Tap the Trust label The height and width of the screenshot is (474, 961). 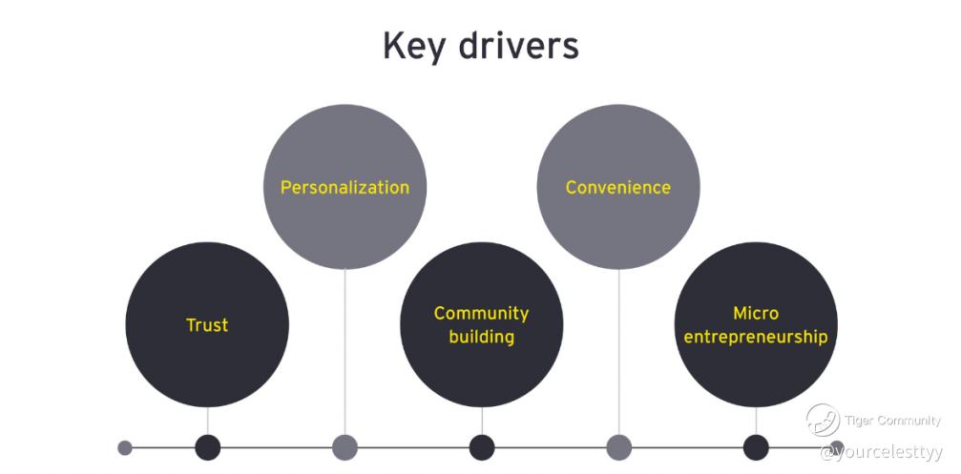(207, 324)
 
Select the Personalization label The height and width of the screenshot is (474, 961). (345, 187)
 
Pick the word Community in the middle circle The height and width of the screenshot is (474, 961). (481, 314)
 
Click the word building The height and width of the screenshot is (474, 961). (481, 337)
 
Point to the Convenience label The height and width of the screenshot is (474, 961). (618, 187)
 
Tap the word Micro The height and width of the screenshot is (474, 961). (756, 313)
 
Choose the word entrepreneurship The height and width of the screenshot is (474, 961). (756, 337)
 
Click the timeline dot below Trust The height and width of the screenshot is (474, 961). (208, 447)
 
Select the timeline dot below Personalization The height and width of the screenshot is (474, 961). (345, 447)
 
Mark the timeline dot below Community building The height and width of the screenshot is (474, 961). (482, 447)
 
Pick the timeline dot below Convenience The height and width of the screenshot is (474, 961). (619, 447)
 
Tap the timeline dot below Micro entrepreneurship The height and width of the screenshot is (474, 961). (756, 447)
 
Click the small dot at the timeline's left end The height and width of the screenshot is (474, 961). (124, 447)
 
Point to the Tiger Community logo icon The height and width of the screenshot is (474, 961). (823, 420)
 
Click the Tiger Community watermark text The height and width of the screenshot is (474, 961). (892, 421)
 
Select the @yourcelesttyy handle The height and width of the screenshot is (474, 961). (882, 453)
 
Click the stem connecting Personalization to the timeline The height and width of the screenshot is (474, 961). (345, 352)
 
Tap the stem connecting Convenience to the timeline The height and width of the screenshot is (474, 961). (619, 352)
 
